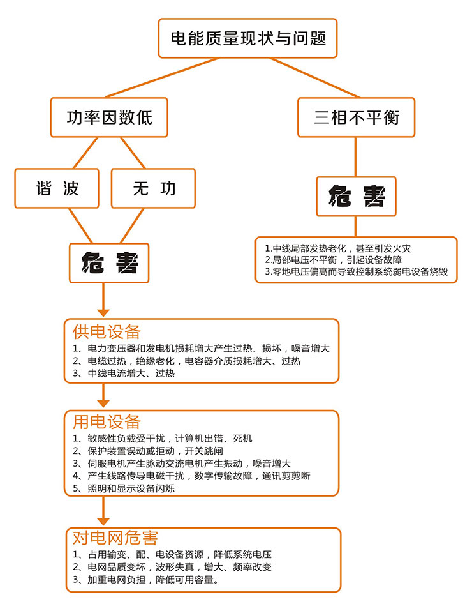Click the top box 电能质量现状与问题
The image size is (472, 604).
click(248, 38)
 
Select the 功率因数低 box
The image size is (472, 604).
click(109, 118)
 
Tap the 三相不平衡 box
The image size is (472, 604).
click(356, 117)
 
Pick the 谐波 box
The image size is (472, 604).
click(57, 188)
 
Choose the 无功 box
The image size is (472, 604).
click(153, 188)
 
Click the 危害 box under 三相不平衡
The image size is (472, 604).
click(356, 197)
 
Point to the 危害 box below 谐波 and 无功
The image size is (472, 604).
click(109, 262)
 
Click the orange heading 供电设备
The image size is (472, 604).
click(107, 332)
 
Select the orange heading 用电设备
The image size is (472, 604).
click(107, 421)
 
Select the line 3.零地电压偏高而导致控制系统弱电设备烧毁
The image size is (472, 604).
click(356, 271)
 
